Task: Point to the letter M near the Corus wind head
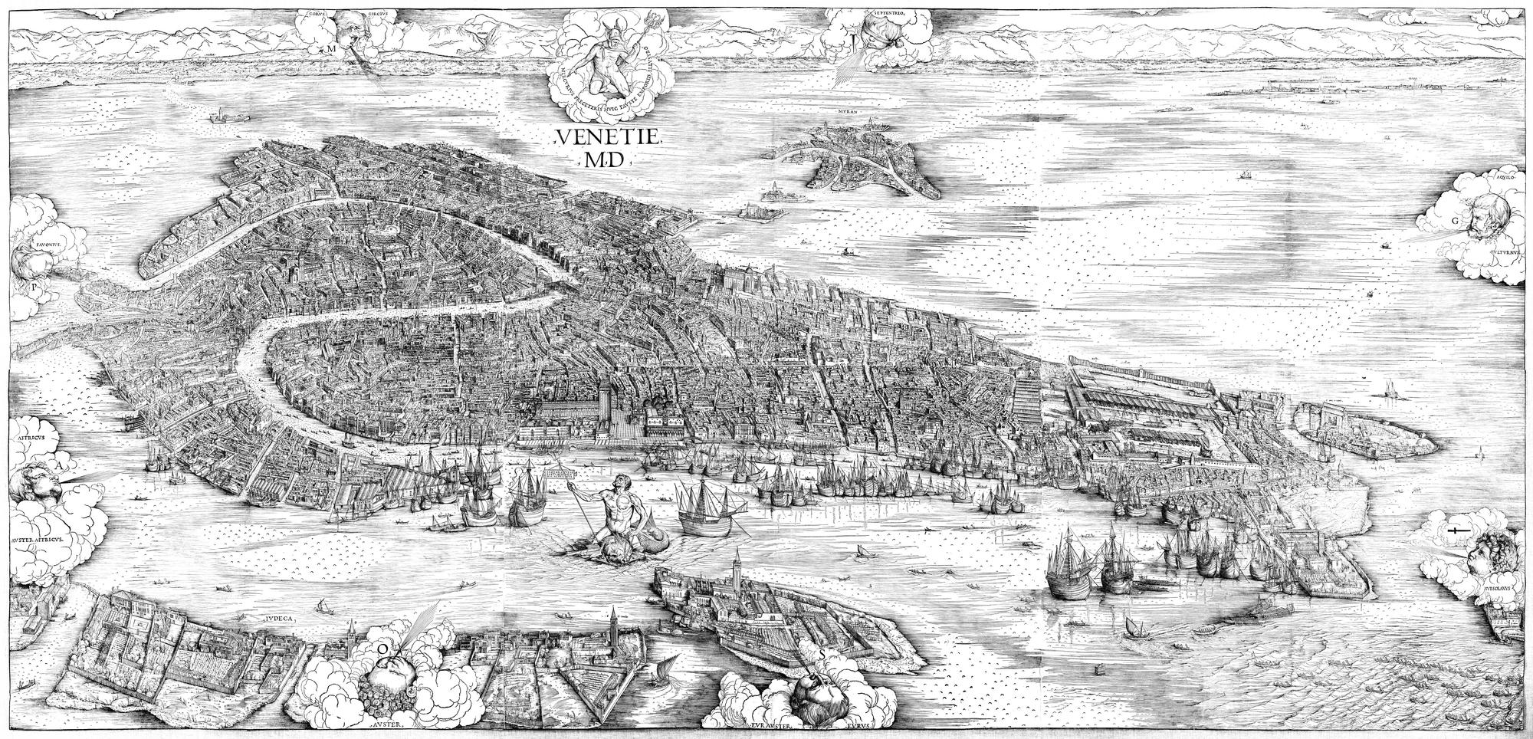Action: click(x=331, y=48)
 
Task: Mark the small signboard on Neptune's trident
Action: click(x=559, y=465)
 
